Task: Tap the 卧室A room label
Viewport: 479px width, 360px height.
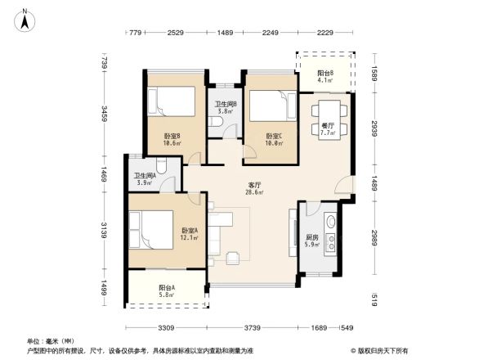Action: coord(190,234)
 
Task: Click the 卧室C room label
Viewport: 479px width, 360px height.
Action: coord(274,139)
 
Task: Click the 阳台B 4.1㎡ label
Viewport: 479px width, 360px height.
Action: coord(325,77)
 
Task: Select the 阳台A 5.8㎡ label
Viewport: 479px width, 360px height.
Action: coord(167,291)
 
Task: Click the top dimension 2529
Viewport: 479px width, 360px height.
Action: coord(175,33)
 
